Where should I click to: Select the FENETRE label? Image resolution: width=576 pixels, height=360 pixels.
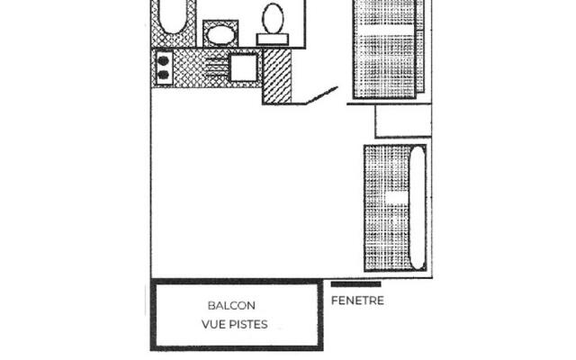(x=357, y=301)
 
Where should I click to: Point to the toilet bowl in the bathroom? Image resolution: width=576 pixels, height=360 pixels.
(x=273, y=17)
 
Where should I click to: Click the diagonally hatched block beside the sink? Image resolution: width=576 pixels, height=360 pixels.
(x=277, y=76)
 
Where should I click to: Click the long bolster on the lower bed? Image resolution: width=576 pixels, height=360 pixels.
(x=416, y=207)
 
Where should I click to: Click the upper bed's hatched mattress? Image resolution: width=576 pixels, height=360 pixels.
(x=384, y=49)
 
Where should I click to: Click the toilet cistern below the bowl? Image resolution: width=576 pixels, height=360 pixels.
(x=272, y=40)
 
